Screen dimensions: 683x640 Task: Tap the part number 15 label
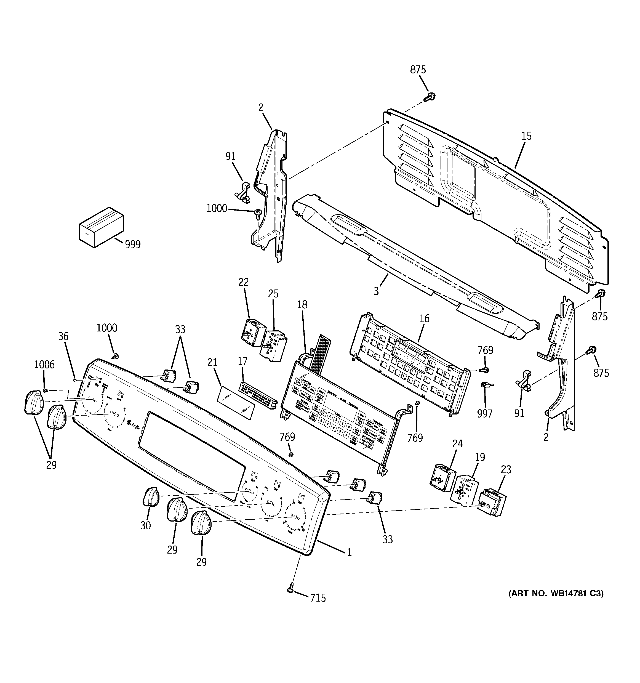526,136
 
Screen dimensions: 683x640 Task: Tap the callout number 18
302,304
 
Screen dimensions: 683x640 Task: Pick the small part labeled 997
485,386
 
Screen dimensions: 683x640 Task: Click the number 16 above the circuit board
425,318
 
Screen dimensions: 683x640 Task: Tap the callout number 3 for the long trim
376,291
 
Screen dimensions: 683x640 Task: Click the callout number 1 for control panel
349,562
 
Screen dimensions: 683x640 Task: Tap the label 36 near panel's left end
63,336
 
